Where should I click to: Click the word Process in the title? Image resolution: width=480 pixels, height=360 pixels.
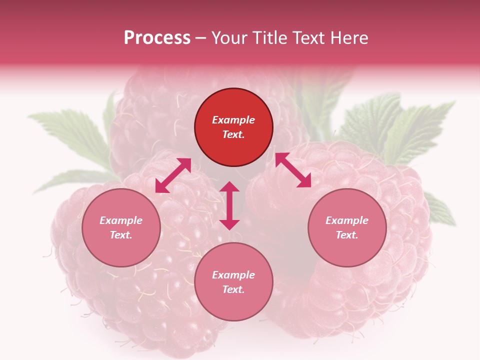[157, 38]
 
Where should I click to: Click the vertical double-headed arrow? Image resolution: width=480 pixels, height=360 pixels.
[229, 205]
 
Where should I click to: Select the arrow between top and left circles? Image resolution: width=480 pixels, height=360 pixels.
[173, 175]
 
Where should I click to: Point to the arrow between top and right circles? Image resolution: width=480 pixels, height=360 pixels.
[293, 170]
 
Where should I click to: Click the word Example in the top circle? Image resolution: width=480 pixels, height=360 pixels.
[233, 120]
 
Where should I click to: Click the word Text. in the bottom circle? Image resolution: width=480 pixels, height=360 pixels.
[233, 289]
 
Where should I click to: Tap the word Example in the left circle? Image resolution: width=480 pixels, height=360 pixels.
[121, 220]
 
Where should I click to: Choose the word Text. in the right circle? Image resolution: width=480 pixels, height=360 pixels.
[347, 235]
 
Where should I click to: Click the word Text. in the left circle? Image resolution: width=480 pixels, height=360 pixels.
[121, 235]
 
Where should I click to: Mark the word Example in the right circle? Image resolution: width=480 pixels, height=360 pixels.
[347, 220]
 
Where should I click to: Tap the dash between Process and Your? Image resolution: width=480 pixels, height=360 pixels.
[201, 38]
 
